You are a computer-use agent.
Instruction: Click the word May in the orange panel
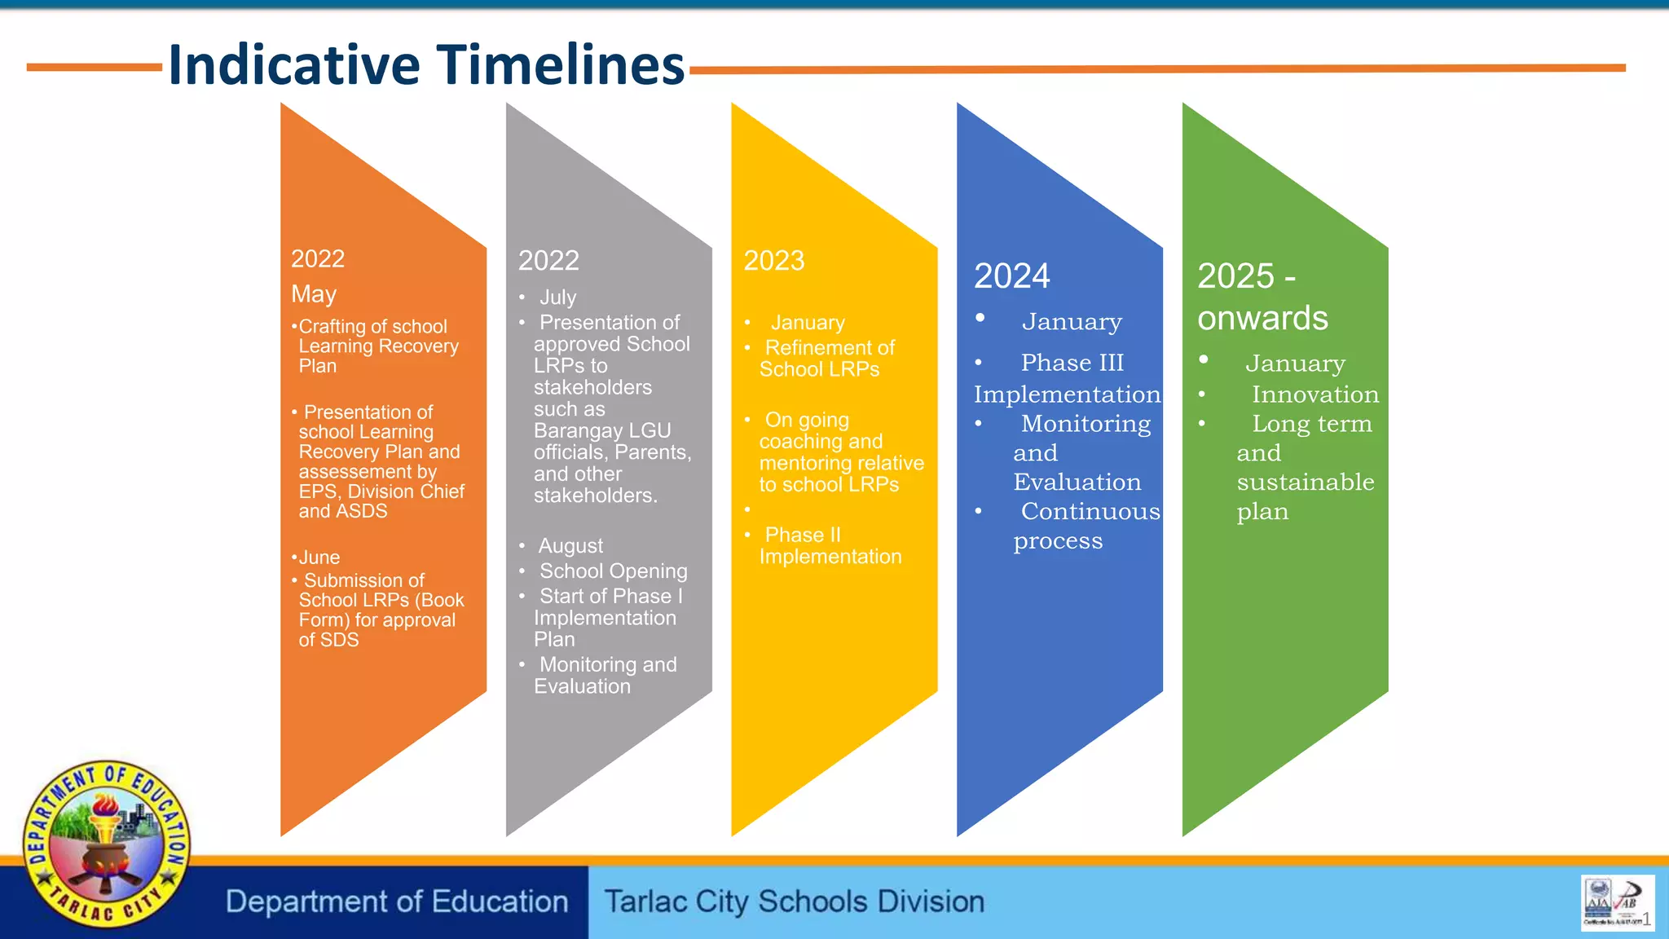tap(314, 294)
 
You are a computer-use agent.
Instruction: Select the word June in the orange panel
tap(319, 558)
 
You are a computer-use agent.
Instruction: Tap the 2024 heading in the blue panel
tap(1011, 276)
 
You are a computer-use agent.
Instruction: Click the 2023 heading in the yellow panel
tap(773, 261)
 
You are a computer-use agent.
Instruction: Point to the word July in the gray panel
tap(557, 298)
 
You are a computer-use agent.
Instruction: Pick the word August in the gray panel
tap(570, 546)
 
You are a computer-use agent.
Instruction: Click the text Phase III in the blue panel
tap(1072, 363)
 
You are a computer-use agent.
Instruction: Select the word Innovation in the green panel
tap(1315, 395)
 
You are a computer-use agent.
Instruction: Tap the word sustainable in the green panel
tap(1305, 483)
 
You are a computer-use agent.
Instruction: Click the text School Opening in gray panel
tap(613, 571)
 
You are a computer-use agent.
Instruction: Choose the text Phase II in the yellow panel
tap(802, 536)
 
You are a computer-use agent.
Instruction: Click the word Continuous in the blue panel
tap(1090, 512)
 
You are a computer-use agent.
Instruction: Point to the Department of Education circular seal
tap(106, 844)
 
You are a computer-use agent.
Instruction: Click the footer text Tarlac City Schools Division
tap(794, 902)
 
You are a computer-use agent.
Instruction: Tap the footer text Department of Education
tap(397, 902)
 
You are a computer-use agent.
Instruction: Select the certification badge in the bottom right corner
tap(1616, 902)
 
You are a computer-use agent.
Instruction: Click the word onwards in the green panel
tap(1262, 319)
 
